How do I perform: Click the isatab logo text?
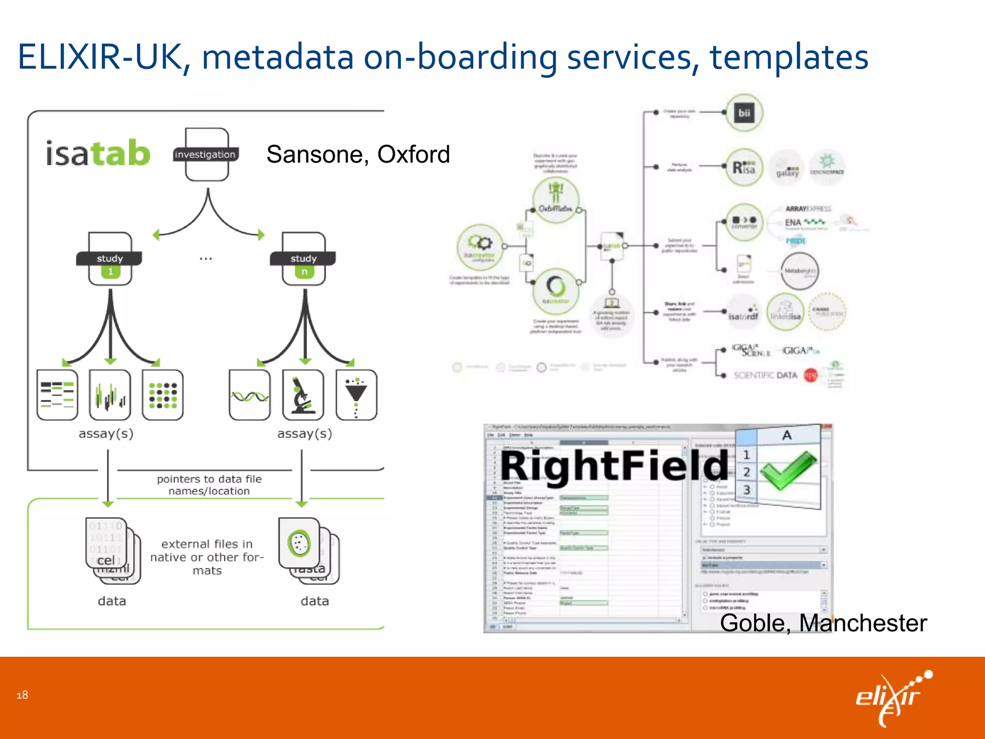pos(98,153)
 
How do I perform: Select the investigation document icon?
pos(206,154)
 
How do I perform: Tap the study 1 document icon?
pos(110,259)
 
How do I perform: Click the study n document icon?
pos(303,259)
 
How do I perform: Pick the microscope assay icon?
pos(303,395)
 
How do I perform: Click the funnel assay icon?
pos(356,395)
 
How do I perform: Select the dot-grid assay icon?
pos(163,395)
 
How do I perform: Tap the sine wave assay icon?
pos(250,395)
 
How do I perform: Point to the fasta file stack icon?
pos(308,550)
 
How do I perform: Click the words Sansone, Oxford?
pos(358,154)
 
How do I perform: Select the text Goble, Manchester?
pos(823,623)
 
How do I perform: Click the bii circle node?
pos(744,113)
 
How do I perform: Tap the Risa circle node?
pos(744,167)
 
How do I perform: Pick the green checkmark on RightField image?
pos(788,469)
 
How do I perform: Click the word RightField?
pos(615,466)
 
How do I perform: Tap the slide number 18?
pos(22,695)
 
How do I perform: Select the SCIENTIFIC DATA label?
pos(765,375)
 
